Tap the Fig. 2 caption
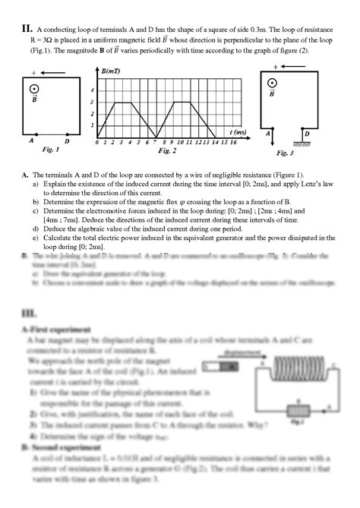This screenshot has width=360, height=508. [x=167, y=150]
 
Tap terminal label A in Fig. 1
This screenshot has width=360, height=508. [x=32, y=140]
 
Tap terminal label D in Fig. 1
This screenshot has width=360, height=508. [x=67, y=140]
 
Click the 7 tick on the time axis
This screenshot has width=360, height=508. [x=154, y=142]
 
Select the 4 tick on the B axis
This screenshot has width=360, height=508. [x=93, y=90]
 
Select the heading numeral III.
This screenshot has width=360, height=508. [x=31, y=313]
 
